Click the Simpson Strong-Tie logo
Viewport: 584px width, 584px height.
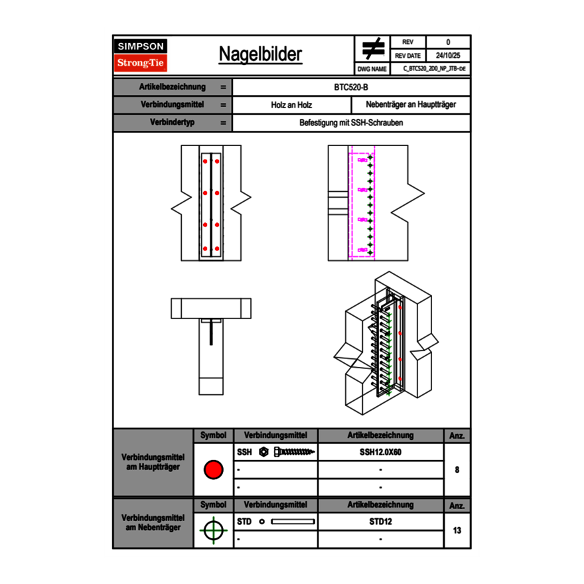[x=141, y=55]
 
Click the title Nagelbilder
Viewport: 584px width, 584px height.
[x=260, y=54]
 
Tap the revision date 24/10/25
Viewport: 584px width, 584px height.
[x=448, y=56]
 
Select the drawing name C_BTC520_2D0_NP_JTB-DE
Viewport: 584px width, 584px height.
[x=433, y=68]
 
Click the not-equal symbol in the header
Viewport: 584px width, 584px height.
[x=373, y=49]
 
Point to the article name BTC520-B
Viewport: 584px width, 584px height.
[x=351, y=87]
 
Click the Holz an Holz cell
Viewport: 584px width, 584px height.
[x=291, y=105]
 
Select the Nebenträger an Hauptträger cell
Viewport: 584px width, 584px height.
[x=411, y=105]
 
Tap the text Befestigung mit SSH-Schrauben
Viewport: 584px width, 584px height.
[x=351, y=123]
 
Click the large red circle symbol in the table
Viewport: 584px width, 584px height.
[x=213, y=470]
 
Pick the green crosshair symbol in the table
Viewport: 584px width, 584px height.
[x=213, y=530]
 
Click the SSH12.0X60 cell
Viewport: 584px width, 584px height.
[x=380, y=452]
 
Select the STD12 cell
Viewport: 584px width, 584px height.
[x=380, y=522]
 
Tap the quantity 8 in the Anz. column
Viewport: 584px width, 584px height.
[x=457, y=470]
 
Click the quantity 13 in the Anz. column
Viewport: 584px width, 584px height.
[x=457, y=530]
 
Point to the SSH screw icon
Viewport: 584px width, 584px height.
[x=289, y=452]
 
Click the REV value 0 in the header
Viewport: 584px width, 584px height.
[x=448, y=42]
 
